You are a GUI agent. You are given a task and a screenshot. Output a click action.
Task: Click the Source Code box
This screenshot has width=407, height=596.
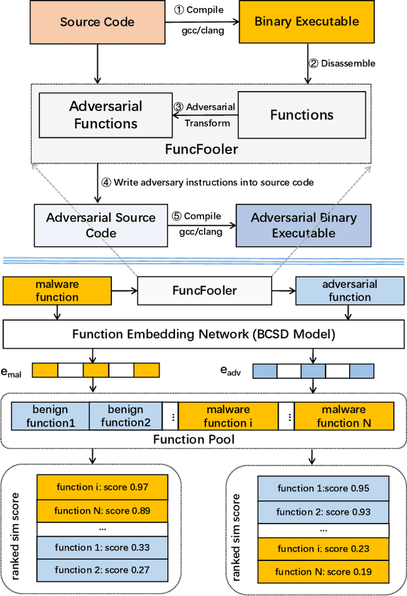(x=97, y=22)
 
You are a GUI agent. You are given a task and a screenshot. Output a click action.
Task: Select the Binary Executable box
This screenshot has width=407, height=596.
(x=307, y=22)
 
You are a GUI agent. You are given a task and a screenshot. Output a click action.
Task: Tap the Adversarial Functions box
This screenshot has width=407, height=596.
(x=106, y=115)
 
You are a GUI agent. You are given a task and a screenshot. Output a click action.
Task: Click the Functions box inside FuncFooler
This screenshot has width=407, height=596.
(x=302, y=115)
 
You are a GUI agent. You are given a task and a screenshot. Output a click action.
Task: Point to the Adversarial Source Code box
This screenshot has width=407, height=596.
(x=100, y=225)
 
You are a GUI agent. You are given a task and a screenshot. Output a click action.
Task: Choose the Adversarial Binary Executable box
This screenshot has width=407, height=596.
(x=303, y=225)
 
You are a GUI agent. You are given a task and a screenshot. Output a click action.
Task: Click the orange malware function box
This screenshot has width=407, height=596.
(x=58, y=290)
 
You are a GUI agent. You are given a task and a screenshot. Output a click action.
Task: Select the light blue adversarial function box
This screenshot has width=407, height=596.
(x=350, y=290)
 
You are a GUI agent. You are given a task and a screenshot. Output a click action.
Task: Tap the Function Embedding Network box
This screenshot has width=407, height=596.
(x=203, y=334)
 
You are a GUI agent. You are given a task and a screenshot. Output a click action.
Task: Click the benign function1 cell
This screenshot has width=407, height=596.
(x=51, y=416)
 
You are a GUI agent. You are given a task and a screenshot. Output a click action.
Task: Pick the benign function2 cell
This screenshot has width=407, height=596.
(x=126, y=416)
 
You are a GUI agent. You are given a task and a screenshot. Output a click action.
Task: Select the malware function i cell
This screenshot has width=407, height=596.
(x=228, y=416)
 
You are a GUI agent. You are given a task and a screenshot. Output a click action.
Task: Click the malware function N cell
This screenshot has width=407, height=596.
(x=345, y=416)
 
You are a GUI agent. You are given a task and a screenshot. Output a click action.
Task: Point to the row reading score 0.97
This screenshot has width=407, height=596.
(x=102, y=487)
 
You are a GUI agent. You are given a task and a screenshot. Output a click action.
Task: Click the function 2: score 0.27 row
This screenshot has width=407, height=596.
(x=102, y=570)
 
